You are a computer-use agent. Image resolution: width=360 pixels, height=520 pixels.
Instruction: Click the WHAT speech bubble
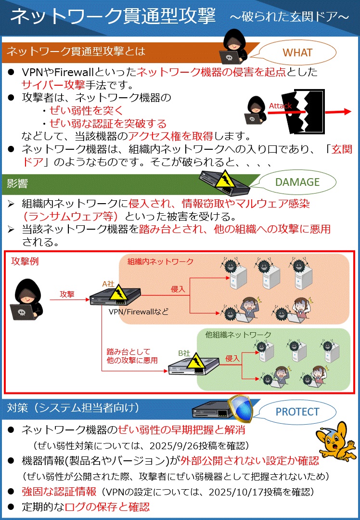[x=297, y=52]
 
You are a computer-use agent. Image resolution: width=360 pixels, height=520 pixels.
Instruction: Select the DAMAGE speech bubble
[x=297, y=182]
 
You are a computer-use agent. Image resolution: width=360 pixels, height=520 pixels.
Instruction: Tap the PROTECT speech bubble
[x=297, y=412]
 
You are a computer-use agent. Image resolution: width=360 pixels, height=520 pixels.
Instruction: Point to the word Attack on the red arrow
[x=280, y=106]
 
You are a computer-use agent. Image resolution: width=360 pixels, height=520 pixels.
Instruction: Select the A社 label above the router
[x=108, y=285]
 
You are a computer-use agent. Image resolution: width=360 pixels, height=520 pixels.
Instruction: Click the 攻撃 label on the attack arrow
[x=67, y=294]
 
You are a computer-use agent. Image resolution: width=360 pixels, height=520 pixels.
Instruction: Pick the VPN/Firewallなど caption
[x=139, y=312]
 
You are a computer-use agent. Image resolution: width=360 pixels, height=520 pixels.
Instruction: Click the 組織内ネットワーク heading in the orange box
[x=160, y=261]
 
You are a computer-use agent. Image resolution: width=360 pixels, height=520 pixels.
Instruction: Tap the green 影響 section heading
[x=18, y=182]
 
